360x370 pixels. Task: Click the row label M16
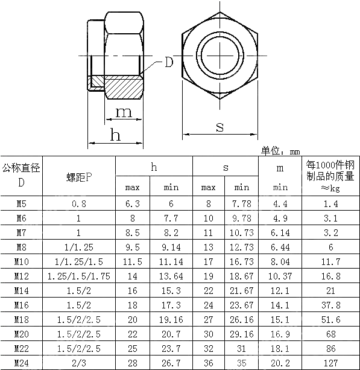coord(21,305)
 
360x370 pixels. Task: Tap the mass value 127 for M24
coord(331,363)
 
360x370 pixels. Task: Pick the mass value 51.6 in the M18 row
coord(331,320)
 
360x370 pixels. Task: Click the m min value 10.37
coord(280,276)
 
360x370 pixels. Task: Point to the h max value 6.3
coord(133,204)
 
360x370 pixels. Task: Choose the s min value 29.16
coord(242,334)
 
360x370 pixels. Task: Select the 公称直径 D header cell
coord(21,175)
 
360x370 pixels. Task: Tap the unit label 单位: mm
coord(280,152)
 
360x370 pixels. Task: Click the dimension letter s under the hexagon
coord(219,126)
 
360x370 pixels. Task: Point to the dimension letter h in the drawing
coord(115,135)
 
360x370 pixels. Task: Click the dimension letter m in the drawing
coord(124,112)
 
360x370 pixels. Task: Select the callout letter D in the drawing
coord(169,62)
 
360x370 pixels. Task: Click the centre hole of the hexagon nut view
coord(219,56)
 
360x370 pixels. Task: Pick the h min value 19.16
coord(171,320)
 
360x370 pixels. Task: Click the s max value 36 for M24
coord(209,363)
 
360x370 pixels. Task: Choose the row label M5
coord(21,204)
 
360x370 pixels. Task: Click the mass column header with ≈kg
coord(331,176)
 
